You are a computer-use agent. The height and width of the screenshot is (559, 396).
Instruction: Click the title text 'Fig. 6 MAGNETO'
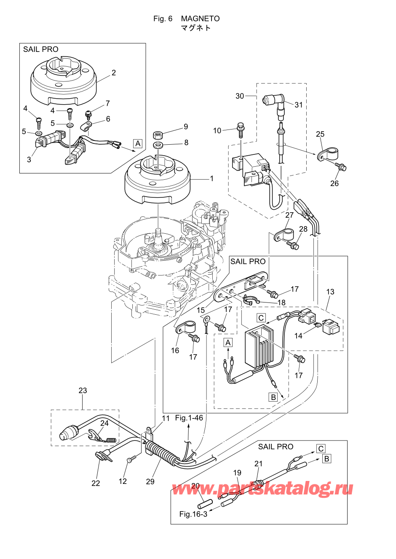pos(186,19)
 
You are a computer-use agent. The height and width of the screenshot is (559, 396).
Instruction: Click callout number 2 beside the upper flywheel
pos(114,73)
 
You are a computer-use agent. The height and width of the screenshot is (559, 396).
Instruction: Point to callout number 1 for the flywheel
pos(212,178)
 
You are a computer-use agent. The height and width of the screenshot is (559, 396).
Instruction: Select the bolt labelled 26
pos(342,167)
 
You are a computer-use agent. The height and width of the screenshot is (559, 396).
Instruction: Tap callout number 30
pos(240,96)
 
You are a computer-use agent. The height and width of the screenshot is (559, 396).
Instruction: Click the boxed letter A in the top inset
pos(138,143)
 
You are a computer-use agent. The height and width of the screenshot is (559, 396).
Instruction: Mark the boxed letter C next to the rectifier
pos(261,318)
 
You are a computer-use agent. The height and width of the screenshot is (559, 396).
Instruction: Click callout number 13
pos(330,292)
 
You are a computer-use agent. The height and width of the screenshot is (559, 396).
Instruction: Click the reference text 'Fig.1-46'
pos(189,418)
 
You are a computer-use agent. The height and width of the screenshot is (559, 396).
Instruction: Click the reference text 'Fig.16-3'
pos(193,514)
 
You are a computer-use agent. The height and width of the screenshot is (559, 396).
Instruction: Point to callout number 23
pos(83,391)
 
